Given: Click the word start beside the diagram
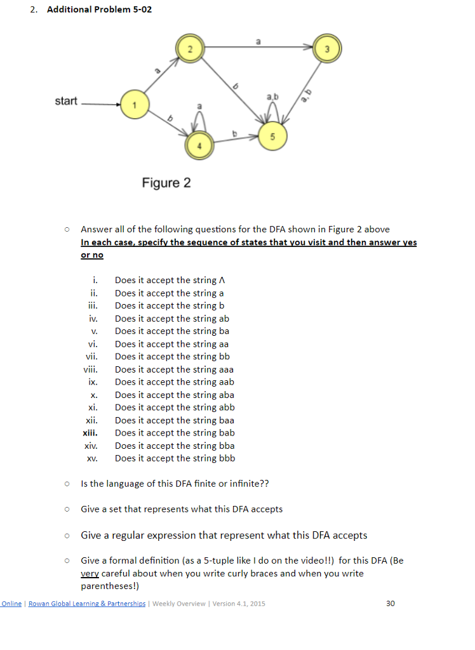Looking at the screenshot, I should pos(66,102).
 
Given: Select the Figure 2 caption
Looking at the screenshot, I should pos(166,183).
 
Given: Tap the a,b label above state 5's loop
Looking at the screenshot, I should pos(272,96).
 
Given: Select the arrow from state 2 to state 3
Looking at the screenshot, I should pos(254,46).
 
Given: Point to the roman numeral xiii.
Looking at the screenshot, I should pos(90,433).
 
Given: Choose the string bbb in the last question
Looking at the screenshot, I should pos(227,458).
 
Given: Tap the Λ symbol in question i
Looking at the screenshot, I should pos(222,281).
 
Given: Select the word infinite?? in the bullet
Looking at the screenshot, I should pos(246,484).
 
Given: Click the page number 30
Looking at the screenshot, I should pos(391,603).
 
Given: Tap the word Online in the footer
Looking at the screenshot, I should pos(11,603).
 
